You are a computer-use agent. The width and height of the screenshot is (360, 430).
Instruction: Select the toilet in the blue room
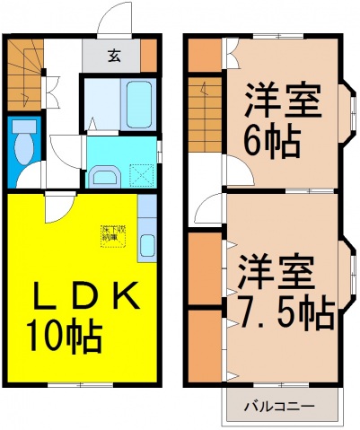click(22, 143)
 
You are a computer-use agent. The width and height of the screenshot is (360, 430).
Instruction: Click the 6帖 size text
click(272, 139)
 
